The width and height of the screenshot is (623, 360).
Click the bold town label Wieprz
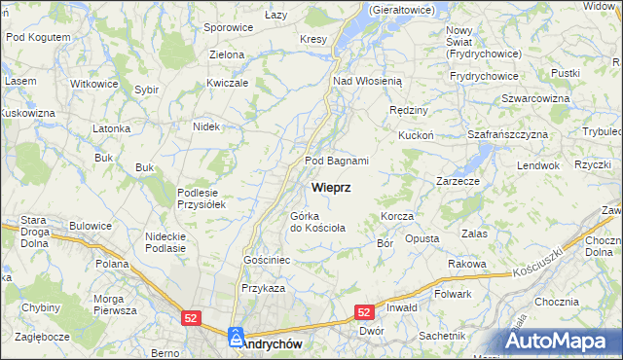click(332, 186)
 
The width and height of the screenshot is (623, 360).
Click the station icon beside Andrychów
click(235, 338)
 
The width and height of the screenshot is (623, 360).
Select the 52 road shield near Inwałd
click(363, 312)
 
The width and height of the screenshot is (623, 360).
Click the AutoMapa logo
click(558, 342)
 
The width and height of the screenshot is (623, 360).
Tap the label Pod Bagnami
click(336, 161)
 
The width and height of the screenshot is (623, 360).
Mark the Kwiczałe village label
click(228, 83)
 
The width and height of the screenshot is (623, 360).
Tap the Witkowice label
click(94, 84)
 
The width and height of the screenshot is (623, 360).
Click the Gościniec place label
click(267, 261)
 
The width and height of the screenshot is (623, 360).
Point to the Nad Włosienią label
click(374, 82)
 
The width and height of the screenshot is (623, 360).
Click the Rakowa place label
click(466, 264)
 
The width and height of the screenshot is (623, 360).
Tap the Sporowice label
click(229, 27)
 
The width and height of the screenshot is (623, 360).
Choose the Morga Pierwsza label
click(114, 305)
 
